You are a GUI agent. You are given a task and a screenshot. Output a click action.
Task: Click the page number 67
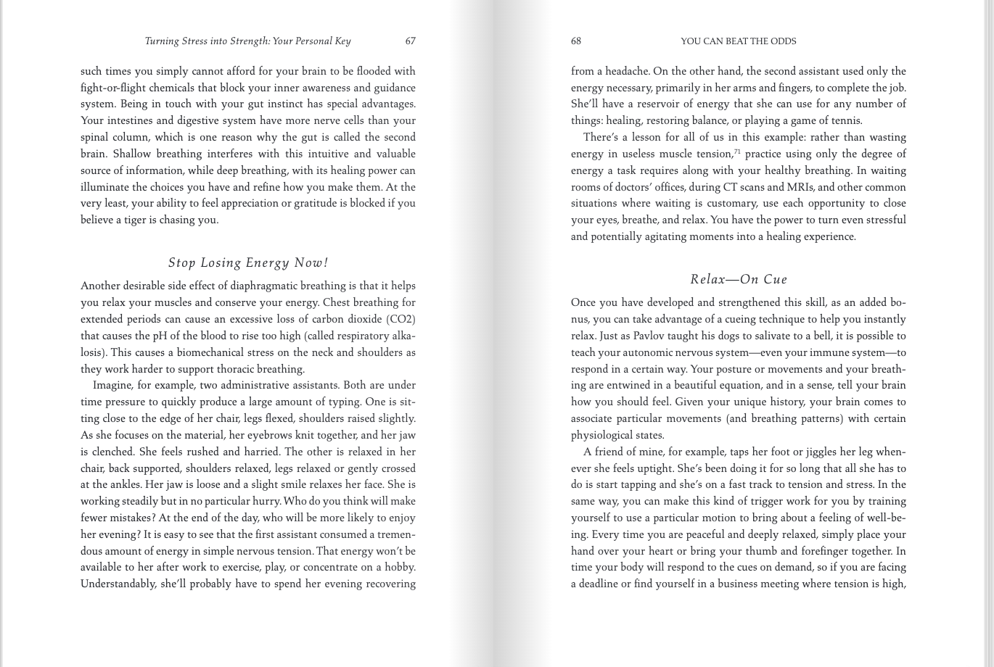(410, 41)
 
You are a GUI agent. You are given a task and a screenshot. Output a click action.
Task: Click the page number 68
(576, 41)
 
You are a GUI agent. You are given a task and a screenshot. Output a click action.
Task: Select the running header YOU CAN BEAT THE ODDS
(738, 41)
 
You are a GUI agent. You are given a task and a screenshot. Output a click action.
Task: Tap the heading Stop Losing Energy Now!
(248, 262)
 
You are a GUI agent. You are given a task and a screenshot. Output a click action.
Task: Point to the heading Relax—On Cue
(739, 279)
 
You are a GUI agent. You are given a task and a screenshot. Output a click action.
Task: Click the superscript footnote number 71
(737, 152)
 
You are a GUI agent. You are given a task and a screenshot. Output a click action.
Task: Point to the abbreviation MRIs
(800, 187)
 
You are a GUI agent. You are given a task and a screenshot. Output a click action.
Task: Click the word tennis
(844, 120)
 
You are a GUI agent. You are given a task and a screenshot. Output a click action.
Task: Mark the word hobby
(398, 567)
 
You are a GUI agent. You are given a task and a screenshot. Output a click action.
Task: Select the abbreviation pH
(159, 336)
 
